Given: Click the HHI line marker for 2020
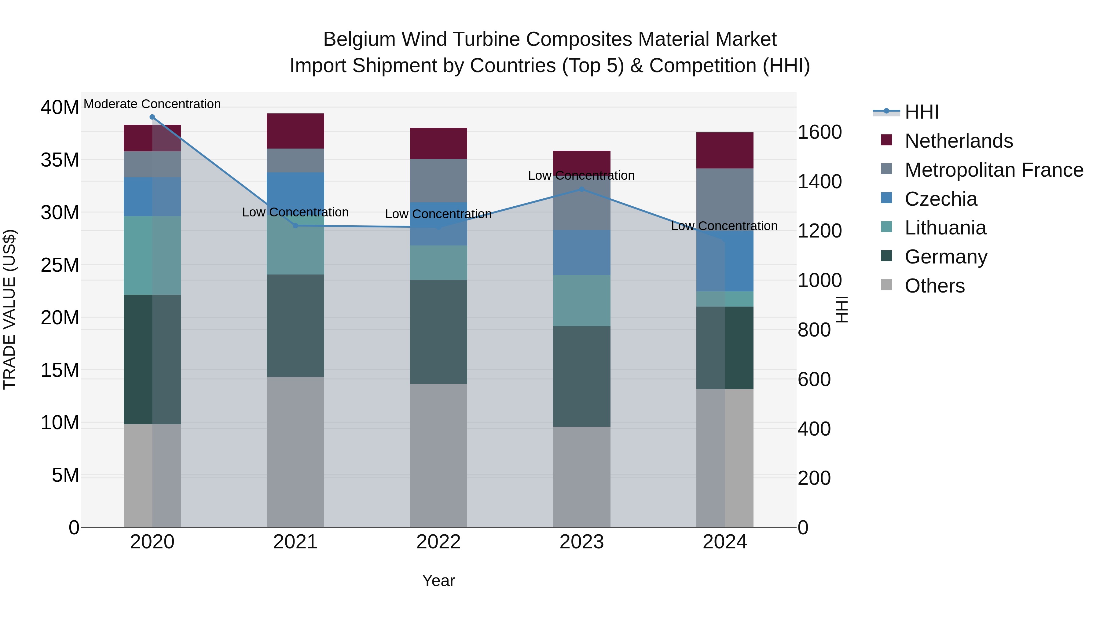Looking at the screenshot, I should (x=152, y=117).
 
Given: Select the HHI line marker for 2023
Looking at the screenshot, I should (x=581, y=189).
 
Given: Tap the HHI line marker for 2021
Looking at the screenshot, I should (x=295, y=226).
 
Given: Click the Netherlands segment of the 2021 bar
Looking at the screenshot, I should (x=295, y=131).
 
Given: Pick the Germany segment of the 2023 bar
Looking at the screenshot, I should (x=581, y=376).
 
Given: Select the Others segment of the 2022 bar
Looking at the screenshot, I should (x=438, y=455).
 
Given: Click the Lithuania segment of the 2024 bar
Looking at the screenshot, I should (x=725, y=299).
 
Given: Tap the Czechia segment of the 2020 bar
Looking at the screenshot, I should (x=152, y=197).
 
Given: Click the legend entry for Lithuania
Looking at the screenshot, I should (x=945, y=228).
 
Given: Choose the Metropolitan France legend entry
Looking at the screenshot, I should (x=994, y=170).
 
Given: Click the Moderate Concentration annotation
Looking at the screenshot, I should (x=152, y=104).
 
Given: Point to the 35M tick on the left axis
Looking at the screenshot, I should (x=60, y=160).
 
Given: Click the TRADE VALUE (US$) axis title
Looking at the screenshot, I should (x=9, y=309).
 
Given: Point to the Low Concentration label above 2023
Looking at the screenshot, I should (x=581, y=175).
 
